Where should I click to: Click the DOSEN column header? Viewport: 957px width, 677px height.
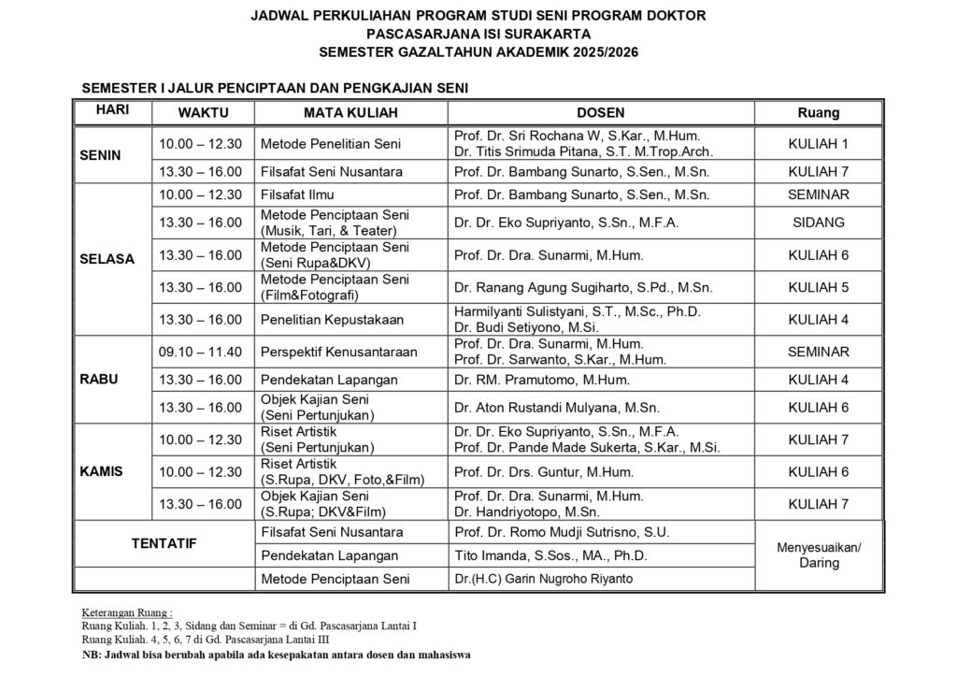tap(601, 112)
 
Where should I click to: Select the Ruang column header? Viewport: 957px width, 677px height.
tap(818, 112)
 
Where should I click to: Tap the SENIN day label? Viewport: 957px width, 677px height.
tap(101, 155)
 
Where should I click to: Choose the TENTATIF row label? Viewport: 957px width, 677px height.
tap(164, 543)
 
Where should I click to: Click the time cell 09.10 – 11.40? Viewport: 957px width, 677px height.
tap(201, 352)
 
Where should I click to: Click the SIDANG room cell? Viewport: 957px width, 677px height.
tap(818, 223)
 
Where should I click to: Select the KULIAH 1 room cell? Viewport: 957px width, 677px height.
tap(818, 144)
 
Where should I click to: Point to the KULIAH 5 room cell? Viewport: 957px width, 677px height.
tap(818, 287)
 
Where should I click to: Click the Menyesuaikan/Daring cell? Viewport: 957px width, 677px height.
tap(819, 555)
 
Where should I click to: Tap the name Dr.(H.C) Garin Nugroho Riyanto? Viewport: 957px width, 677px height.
tap(543, 579)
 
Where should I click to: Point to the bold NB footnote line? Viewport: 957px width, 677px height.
tap(277, 655)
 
